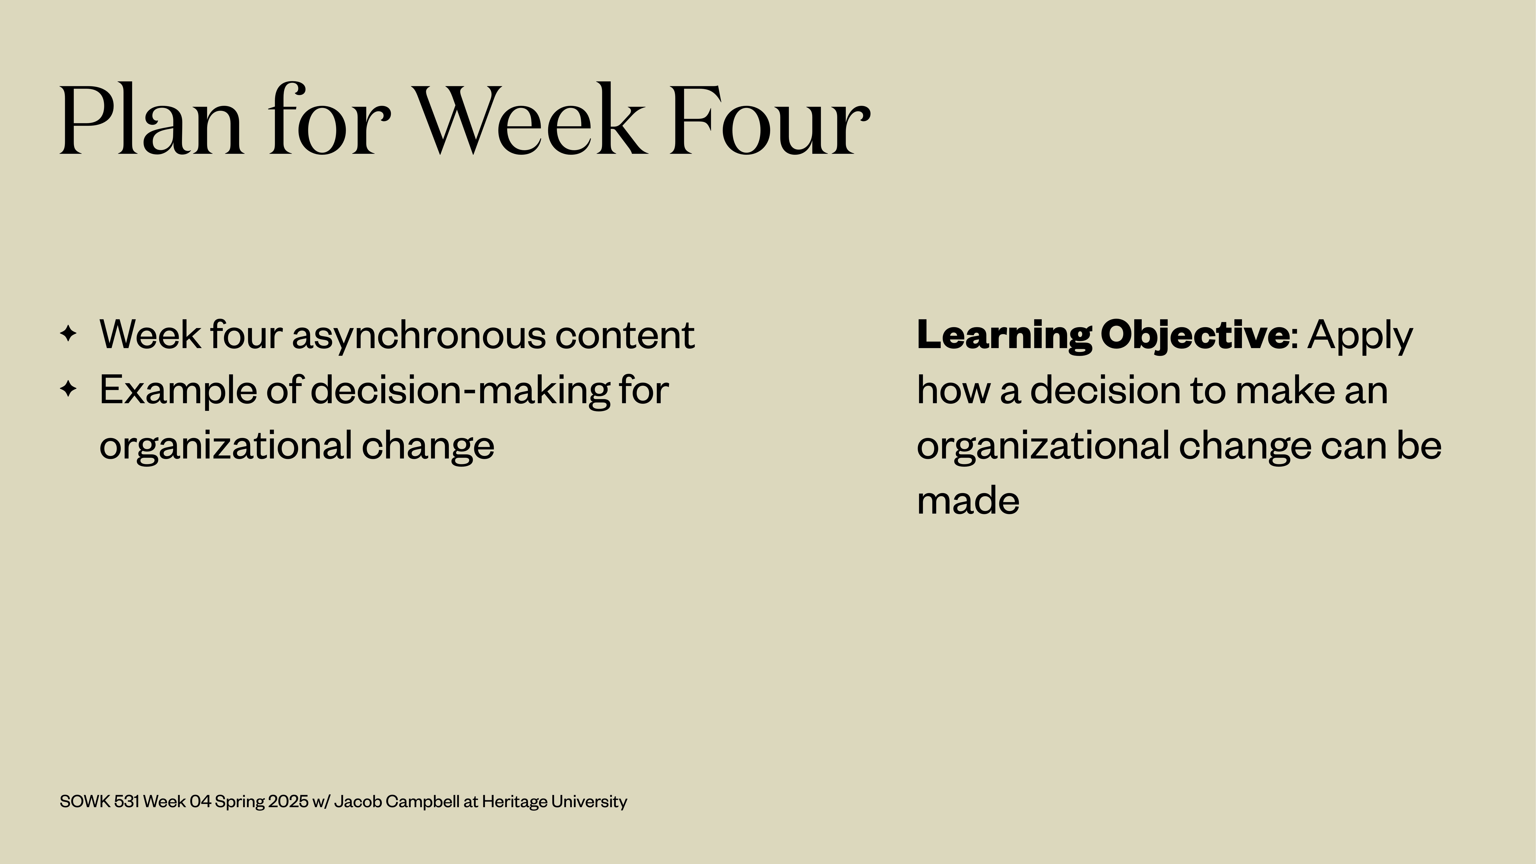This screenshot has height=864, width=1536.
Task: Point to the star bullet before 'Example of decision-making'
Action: click(x=69, y=389)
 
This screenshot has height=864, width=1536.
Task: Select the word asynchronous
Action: click(x=419, y=335)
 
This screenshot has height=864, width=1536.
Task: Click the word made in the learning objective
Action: click(x=968, y=501)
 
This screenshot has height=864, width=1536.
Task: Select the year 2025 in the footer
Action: click(x=288, y=801)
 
